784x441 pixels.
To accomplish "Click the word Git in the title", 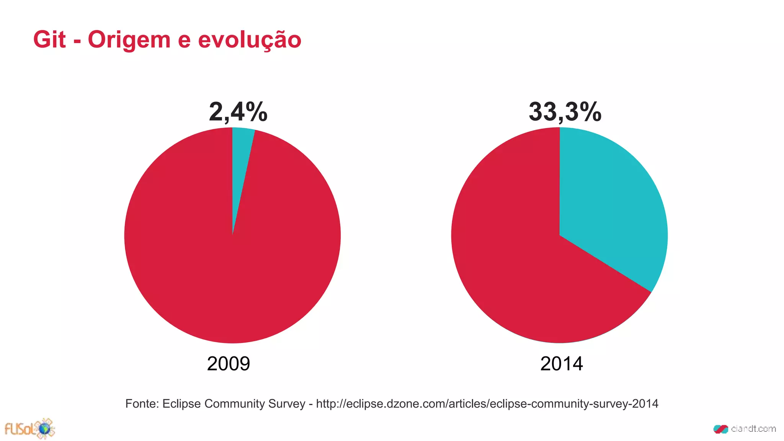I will pos(49,39).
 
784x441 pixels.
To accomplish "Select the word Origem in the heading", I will pos(129,40).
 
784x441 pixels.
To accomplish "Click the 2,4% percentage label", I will pos(238,112).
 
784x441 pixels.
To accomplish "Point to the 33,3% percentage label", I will pos(565,112).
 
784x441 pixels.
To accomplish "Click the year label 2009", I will pos(228,364).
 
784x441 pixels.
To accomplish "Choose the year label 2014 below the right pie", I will pos(561,364).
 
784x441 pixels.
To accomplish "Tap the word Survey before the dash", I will pos(288,404).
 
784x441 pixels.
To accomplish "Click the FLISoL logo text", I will pos(19,430).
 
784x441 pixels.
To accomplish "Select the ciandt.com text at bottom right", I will pos(753,429).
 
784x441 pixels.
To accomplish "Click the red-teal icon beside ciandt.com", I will pos(720,429).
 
